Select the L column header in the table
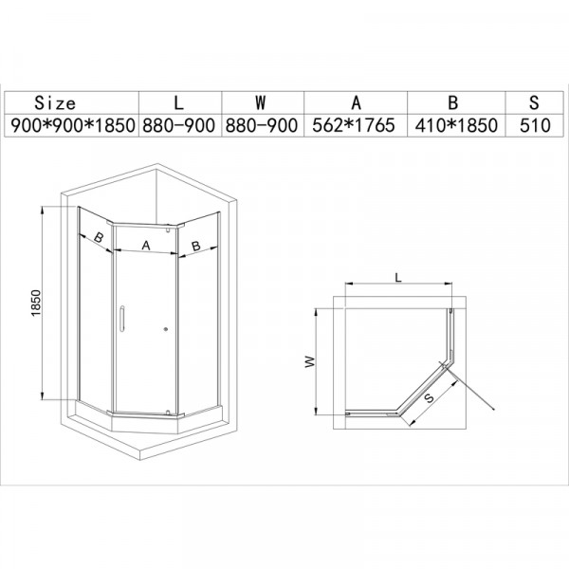(x=179, y=101)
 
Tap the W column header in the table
(x=262, y=101)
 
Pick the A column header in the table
(x=355, y=101)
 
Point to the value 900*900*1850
(x=71, y=124)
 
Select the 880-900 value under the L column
(x=180, y=124)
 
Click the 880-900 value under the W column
(x=262, y=124)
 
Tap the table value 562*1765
(x=355, y=124)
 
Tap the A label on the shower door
(x=145, y=245)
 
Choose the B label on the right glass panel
(x=194, y=245)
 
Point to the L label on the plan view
(x=399, y=276)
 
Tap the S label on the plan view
(x=430, y=399)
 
